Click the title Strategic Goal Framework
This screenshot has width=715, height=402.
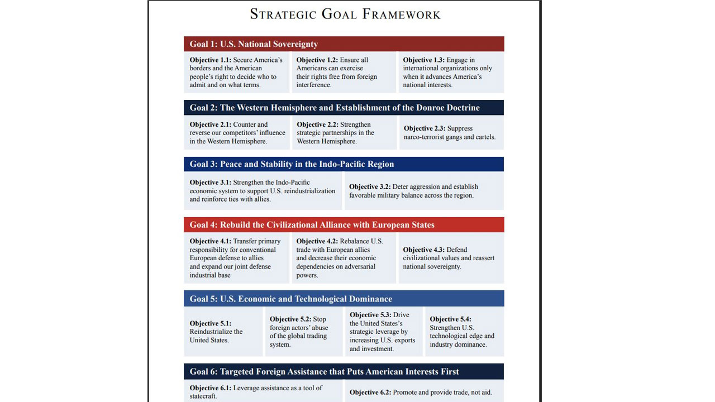pyautogui.click(x=345, y=14)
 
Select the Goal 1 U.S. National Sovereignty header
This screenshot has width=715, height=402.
pyautogui.click(x=254, y=44)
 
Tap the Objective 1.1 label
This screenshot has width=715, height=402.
pyautogui.click(x=210, y=60)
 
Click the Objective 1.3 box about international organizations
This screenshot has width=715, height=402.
pyautogui.click(x=451, y=73)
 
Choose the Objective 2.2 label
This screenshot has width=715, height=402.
pyautogui.click(x=318, y=125)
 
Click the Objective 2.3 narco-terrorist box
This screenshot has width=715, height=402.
pyautogui.click(x=451, y=133)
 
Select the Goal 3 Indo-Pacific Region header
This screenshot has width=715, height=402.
pyautogui.click(x=292, y=164)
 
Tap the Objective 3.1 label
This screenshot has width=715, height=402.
pyautogui.click(x=210, y=183)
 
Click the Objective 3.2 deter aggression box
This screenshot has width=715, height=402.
pyautogui.click(x=423, y=191)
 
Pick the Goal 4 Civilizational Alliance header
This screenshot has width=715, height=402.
pyautogui.click(x=312, y=225)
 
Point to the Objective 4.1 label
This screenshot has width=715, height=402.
pyautogui.click(x=210, y=242)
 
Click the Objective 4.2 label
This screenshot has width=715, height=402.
pyautogui.click(x=317, y=242)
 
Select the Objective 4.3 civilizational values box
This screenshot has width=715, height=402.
pyautogui.click(x=451, y=258)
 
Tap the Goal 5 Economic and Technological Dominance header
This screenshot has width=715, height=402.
pyautogui.click(x=290, y=299)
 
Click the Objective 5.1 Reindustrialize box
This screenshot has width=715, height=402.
pyautogui.click(x=223, y=332)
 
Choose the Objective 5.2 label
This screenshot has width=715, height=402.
pyautogui.click(x=290, y=319)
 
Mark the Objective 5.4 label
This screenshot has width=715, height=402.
pyautogui.click(x=451, y=319)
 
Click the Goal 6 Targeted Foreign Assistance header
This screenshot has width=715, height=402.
pyautogui.click(x=324, y=372)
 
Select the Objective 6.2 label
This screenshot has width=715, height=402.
pyautogui.click(x=370, y=393)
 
